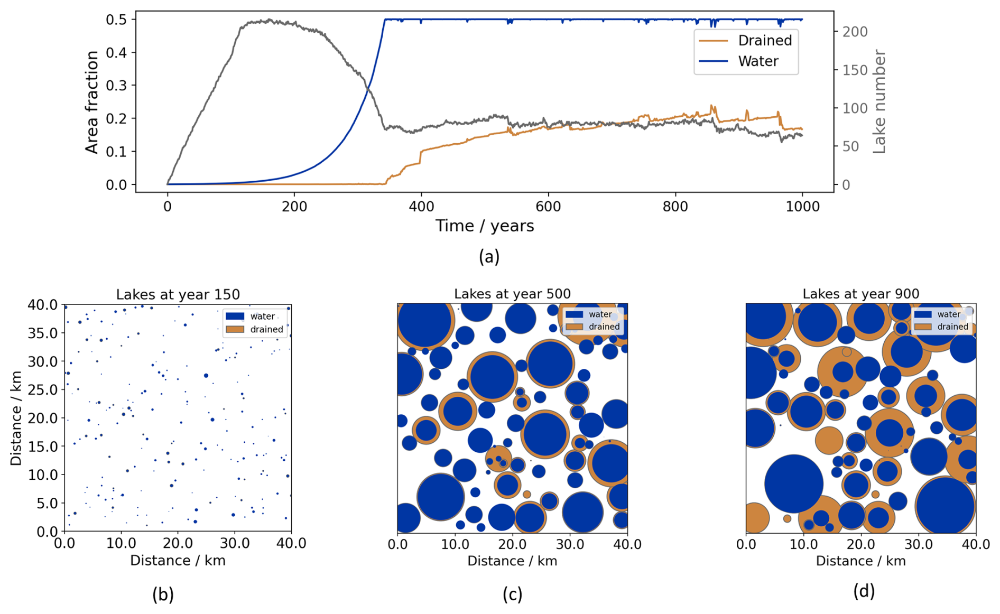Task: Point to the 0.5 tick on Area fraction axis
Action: click(x=117, y=20)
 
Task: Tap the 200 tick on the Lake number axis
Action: click(x=855, y=32)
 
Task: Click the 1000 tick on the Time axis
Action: click(x=802, y=207)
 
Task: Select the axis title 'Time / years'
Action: click(x=485, y=226)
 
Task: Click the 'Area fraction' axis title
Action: click(x=92, y=103)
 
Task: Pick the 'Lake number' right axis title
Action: click(x=878, y=102)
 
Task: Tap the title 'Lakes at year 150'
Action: click(x=178, y=294)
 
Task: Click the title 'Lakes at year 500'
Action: click(x=512, y=294)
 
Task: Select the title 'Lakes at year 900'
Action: click(x=860, y=294)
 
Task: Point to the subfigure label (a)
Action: click(x=489, y=257)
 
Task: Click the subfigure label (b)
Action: click(x=163, y=594)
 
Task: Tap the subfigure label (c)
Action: click(x=512, y=594)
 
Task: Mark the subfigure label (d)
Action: click(x=864, y=591)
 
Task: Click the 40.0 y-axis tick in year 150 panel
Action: click(x=43, y=305)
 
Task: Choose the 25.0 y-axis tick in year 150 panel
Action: click(x=43, y=390)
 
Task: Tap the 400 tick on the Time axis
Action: click(x=421, y=207)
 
